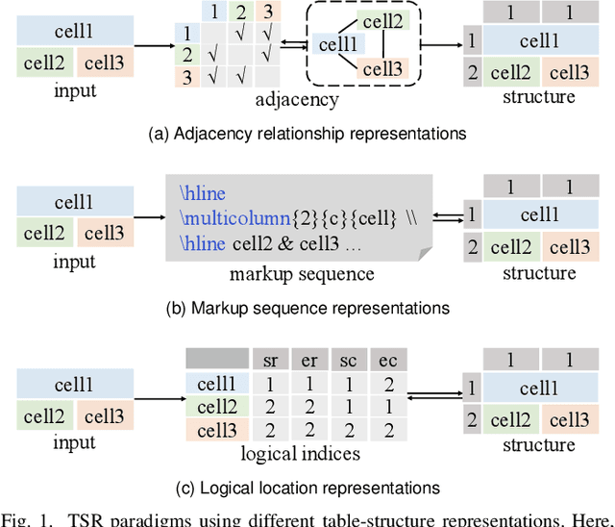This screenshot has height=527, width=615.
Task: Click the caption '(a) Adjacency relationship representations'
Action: point(307,134)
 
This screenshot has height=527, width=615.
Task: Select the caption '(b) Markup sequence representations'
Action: point(307,309)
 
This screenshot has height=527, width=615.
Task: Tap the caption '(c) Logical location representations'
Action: point(307,488)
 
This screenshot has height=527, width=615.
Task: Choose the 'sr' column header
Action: point(271,360)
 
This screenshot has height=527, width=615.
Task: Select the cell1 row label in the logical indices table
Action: point(217,384)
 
